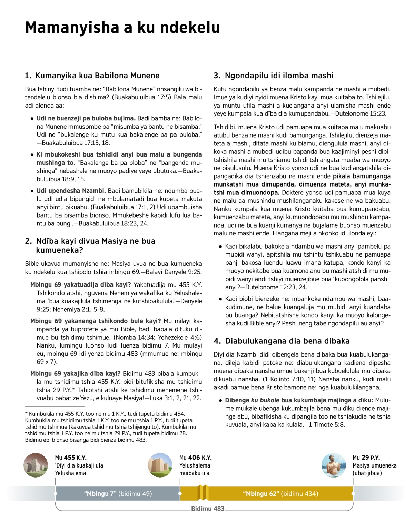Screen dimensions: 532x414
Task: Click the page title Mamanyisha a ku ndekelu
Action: (122, 28)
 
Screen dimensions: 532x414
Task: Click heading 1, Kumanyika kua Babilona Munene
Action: (92, 76)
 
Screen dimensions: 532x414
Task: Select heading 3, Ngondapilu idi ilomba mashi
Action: (274, 76)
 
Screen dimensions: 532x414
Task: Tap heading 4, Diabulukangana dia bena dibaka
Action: (282, 341)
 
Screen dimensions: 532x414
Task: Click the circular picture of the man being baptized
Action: (334, 465)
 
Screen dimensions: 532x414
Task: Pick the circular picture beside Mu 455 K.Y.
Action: (36, 465)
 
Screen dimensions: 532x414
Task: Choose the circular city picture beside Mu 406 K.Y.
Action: (160, 465)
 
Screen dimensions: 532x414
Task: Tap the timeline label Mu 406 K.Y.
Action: (195, 458)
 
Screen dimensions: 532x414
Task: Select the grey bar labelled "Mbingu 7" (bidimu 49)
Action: (118, 494)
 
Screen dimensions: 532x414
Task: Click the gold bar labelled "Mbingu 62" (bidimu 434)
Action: (280, 494)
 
